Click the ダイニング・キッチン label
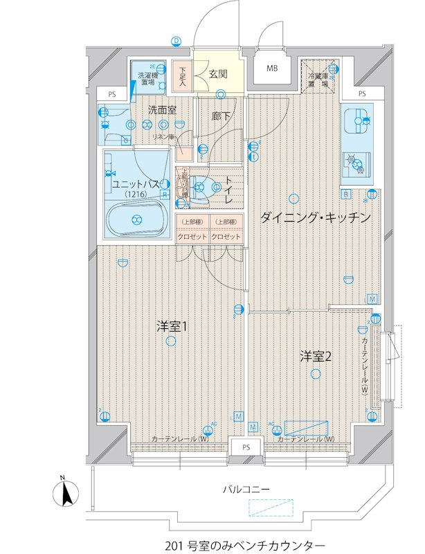tap(316, 217)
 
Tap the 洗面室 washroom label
tap(162, 109)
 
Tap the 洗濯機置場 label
tap(147, 78)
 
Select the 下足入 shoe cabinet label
tap(182, 76)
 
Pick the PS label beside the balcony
tap(246, 447)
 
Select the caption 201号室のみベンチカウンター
tap(245, 544)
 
